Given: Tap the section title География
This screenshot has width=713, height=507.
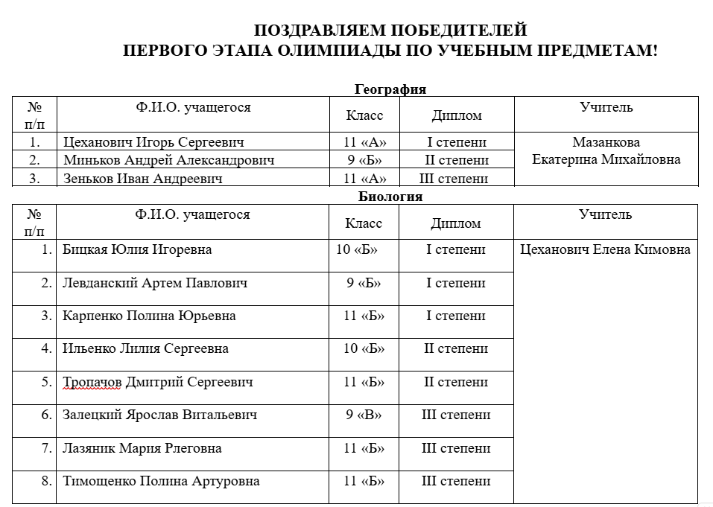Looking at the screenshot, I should pyautogui.click(x=390, y=89).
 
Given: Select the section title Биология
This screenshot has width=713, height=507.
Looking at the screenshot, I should pyautogui.click(x=390, y=197).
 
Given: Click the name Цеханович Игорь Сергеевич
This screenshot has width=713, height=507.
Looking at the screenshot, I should pyautogui.click(x=153, y=142).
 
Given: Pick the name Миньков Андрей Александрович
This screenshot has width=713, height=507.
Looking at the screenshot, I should pyautogui.click(x=168, y=160).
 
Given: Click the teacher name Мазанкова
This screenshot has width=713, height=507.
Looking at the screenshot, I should pyautogui.click(x=606, y=142).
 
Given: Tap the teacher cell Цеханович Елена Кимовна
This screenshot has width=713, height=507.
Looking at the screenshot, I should pyautogui.click(x=605, y=249).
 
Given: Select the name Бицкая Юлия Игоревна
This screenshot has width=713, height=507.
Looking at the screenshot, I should pyautogui.click(x=137, y=249).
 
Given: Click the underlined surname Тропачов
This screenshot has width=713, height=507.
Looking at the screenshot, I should pyautogui.click(x=92, y=382).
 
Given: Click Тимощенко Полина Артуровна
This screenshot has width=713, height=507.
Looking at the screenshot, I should pyautogui.click(x=161, y=481).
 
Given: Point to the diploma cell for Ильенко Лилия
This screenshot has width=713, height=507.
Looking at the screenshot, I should pyautogui.click(x=456, y=348).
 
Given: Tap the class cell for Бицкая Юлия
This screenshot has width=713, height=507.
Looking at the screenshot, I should pyautogui.click(x=356, y=249).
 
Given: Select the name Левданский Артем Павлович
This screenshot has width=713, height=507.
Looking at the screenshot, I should pyautogui.click(x=155, y=283).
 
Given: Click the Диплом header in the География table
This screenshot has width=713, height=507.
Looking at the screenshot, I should pyautogui.click(x=456, y=115).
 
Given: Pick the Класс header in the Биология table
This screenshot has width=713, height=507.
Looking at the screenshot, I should pyautogui.click(x=364, y=223).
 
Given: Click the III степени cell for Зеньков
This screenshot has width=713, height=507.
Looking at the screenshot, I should pyautogui.click(x=456, y=178).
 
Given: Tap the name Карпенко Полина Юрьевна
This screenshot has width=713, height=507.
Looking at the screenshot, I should pyautogui.click(x=149, y=316).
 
